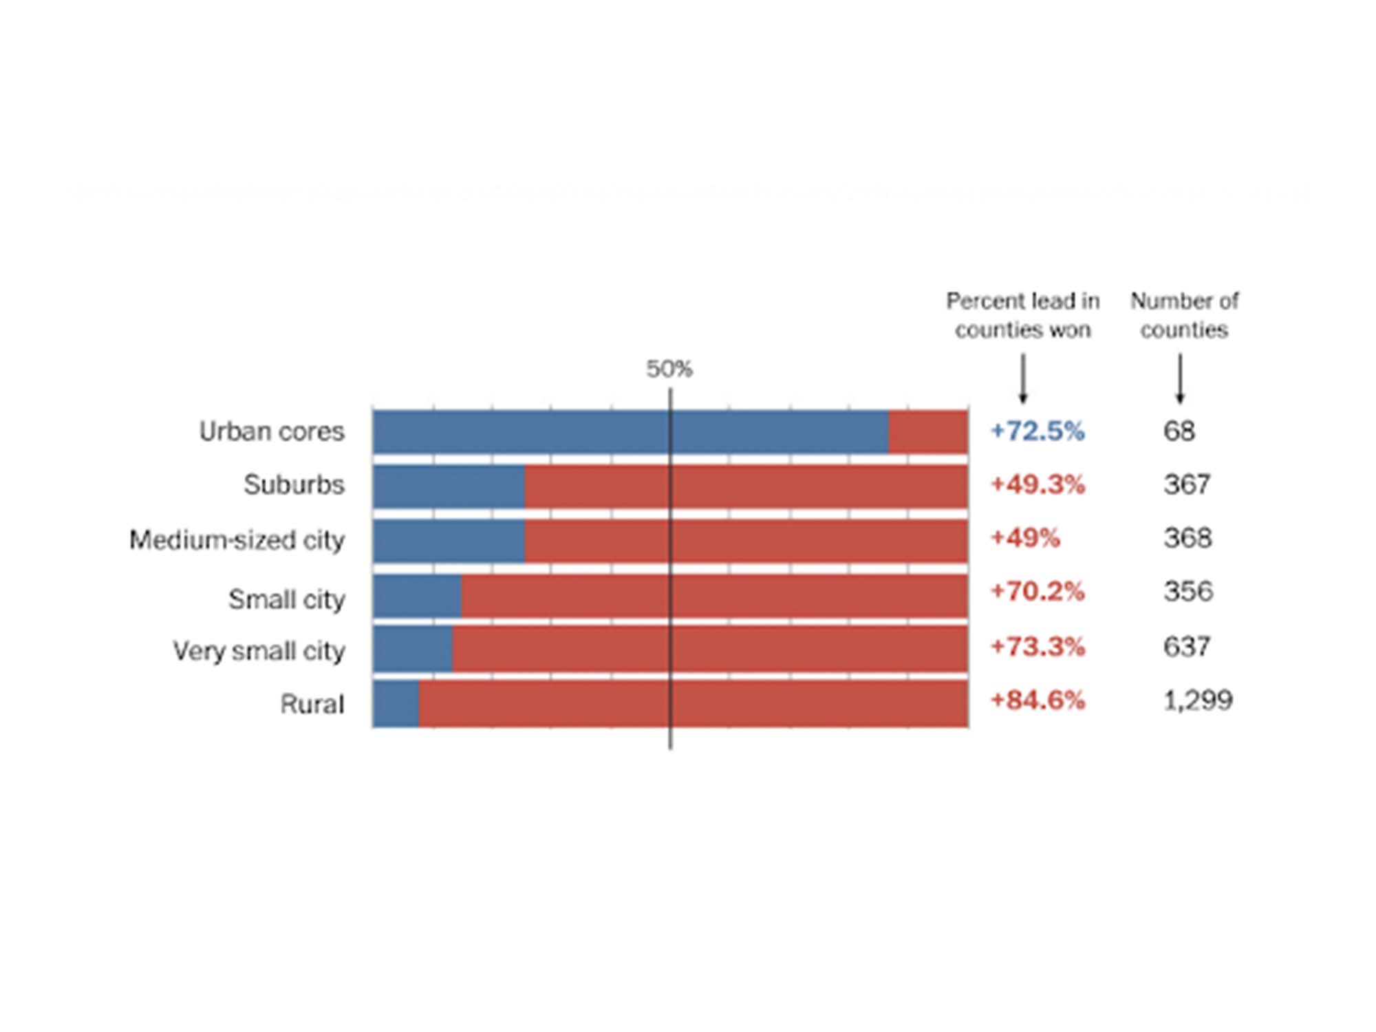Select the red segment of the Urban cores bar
point(928,432)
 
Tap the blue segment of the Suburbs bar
point(449,486)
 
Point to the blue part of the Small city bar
point(418,596)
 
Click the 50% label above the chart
point(669,369)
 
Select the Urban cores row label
point(272,431)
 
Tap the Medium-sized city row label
point(237,540)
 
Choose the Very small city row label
point(259,650)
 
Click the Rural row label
point(312,704)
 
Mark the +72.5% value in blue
point(1037,431)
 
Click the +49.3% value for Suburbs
point(1038,484)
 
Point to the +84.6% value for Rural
point(1038,700)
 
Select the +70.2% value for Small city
point(1037,591)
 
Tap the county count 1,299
point(1198,700)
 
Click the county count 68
point(1179,431)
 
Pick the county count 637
point(1187,647)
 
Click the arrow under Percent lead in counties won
point(1023,378)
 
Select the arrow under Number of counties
point(1180,378)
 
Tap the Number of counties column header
point(1184,315)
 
